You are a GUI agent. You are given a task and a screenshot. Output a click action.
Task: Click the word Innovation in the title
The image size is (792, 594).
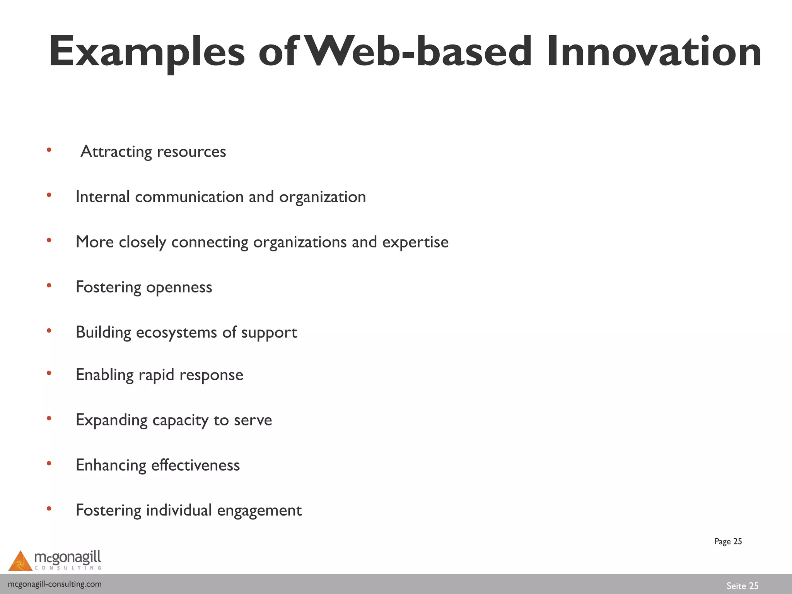pyautogui.click(x=654, y=52)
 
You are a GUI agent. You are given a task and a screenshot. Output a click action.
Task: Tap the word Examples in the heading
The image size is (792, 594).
pyautogui.click(x=147, y=53)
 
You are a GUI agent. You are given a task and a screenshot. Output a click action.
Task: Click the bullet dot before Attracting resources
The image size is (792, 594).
pyautogui.click(x=49, y=150)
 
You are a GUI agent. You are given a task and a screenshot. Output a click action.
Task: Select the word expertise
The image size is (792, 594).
pyautogui.click(x=415, y=242)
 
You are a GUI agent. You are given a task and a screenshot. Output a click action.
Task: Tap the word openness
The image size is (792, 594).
pyautogui.click(x=179, y=287)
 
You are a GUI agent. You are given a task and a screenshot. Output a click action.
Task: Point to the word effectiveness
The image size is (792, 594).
pyautogui.click(x=195, y=465)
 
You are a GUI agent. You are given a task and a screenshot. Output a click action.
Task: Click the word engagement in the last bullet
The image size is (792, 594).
pyautogui.click(x=259, y=511)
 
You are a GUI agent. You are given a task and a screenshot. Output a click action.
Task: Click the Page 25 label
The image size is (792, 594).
pyautogui.click(x=728, y=541)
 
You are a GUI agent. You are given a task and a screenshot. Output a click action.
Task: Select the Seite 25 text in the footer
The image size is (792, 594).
pyautogui.click(x=742, y=586)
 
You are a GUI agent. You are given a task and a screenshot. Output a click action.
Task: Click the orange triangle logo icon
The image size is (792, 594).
pyautogui.click(x=20, y=561)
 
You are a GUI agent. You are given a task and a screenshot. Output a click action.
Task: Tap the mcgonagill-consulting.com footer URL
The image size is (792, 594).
pyautogui.click(x=55, y=584)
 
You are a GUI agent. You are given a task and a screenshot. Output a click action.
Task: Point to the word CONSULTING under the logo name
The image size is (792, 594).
pyautogui.click(x=68, y=568)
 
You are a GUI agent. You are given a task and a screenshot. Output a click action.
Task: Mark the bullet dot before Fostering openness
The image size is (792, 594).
pyautogui.click(x=49, y=285)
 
